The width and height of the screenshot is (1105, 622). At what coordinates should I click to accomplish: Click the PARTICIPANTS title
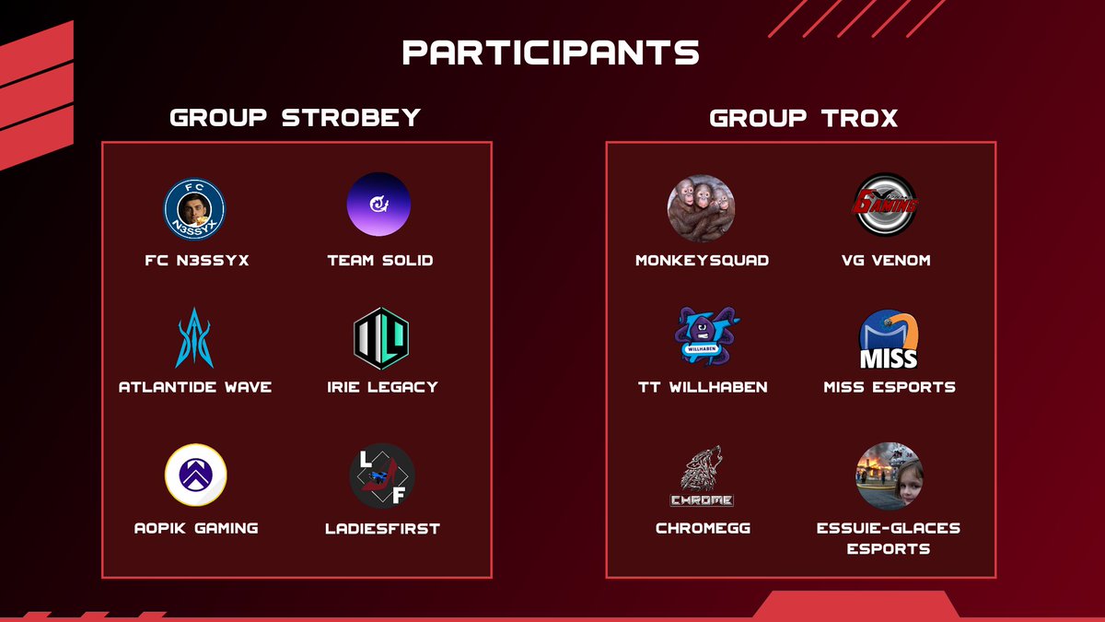[552, 53]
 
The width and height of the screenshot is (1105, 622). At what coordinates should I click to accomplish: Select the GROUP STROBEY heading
[296, 118]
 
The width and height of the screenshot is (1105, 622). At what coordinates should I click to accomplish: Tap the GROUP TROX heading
[804, 118]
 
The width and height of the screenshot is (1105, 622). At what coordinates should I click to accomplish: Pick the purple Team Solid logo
[378, 205]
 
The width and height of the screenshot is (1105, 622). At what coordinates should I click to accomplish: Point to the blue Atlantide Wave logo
[194, 339]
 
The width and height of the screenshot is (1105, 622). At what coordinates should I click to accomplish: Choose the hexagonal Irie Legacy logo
[381, 338]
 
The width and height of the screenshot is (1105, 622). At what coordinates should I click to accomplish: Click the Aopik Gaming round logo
[195, 475]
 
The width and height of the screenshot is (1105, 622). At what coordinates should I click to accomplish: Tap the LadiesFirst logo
[382, 475]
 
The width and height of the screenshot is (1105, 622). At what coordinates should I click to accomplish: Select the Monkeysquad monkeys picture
[702, 208]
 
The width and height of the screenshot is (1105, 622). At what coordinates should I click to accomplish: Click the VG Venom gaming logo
[886, 205]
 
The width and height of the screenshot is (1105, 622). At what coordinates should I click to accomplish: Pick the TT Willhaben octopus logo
[704, 337]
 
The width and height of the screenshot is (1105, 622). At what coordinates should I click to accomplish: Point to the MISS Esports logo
[889, 339]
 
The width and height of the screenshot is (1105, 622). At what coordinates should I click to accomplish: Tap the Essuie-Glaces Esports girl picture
[890, 476]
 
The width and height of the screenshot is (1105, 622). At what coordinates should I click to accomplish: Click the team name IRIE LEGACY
[381, 387]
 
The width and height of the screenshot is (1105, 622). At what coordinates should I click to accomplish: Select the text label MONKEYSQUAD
[703, 261]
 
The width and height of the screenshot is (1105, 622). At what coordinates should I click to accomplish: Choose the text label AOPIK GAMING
[195, 528]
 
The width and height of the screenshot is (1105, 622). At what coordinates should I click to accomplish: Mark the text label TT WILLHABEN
[703, 387]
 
